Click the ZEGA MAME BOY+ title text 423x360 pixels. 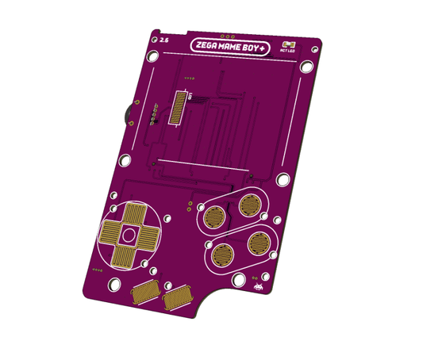(237, 46)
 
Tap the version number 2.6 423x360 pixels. (163, 39)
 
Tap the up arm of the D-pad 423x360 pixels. (132, 214)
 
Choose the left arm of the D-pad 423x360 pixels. (110, 233)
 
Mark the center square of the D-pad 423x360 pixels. (128, 235)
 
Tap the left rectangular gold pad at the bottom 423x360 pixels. (145, 290)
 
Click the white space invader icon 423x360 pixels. (260, 283)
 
